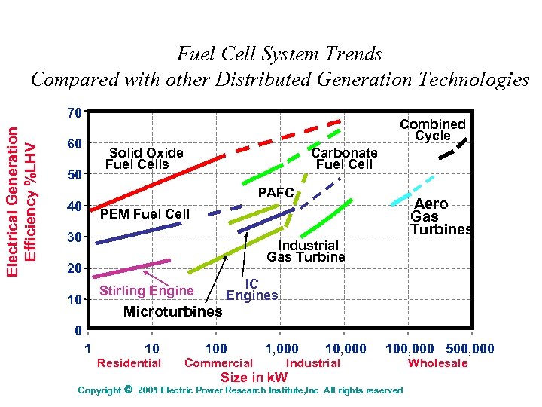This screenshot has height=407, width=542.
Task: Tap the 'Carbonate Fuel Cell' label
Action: [345, 158]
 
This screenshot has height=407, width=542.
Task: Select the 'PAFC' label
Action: [276, 193]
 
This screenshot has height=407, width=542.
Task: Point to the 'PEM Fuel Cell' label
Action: [145, 214]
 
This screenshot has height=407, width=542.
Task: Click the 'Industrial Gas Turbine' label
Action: [308, 251]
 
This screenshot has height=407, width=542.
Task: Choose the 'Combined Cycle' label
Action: [433, 130]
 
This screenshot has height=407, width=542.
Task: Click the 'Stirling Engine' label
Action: [146, 291]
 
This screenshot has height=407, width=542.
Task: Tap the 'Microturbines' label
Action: [172, 311]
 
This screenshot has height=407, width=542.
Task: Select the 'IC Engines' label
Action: [252, 289]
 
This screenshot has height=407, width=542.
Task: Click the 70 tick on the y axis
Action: [73, 113]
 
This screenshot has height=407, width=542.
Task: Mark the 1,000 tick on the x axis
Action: [282, 349]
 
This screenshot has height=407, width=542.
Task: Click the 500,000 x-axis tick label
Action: [470, 349]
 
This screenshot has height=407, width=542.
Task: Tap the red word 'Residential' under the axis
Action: [129, 363]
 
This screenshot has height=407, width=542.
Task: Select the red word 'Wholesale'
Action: [437, 363]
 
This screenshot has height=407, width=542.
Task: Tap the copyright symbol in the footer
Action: [127, 390]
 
